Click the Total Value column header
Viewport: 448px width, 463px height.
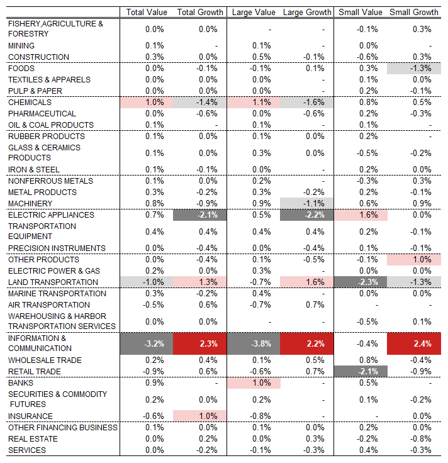(x=147, y=12)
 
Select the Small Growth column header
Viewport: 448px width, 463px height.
(x=414, y=12)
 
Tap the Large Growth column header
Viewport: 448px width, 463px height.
(x=307, y=12)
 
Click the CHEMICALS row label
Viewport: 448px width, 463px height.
(x=30, y=102)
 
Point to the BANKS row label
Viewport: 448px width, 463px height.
(x=21, y=382)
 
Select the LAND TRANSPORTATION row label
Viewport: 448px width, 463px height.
(x=53, y=282)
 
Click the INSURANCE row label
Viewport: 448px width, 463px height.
(x=30, y=416)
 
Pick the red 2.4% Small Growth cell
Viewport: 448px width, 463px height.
(x=414, y=343)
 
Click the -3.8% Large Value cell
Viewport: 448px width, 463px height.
(x=254, y=343)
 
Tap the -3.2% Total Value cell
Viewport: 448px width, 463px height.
(x=147, y=343)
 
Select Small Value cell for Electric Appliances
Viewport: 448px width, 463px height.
(x=361, y=215)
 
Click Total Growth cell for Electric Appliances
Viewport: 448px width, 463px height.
(x=199, y=215)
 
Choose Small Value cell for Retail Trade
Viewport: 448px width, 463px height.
(x=361, y=371)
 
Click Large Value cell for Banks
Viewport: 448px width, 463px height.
(x=254, y=383)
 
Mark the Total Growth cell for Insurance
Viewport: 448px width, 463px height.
(x=199, y=416)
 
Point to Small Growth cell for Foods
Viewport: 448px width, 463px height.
(x=414, y=69)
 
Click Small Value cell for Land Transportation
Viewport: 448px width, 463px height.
(x=361, y=282)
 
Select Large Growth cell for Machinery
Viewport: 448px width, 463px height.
(x=306, y=203)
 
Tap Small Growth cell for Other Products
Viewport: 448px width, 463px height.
(x=414, y=260)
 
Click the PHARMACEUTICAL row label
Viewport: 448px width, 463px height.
(x=42, y=114)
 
